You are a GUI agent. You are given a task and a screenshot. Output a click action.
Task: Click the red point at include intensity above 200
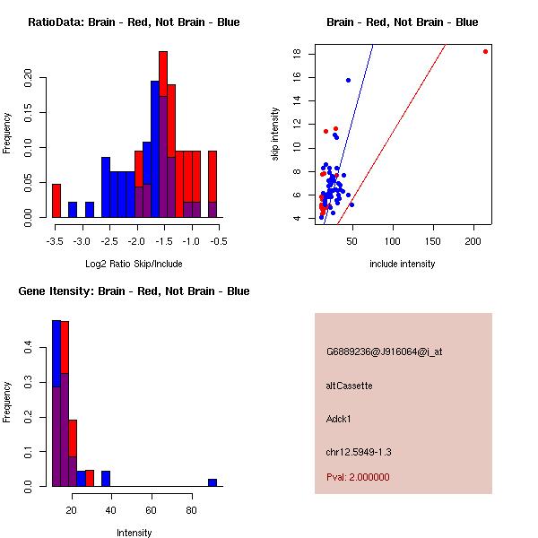coord(485,52)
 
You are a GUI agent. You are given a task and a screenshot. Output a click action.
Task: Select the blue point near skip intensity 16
coord(348,81)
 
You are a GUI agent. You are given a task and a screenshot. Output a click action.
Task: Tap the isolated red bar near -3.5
coord(56,201)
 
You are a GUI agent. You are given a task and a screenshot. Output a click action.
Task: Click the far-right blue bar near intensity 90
coord(213,482)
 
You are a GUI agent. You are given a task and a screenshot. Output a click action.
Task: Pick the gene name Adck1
coord(338,419)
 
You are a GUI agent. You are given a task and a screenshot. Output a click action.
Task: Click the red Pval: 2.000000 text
coord(358,477)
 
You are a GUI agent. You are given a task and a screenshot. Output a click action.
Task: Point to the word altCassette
coord(349,386)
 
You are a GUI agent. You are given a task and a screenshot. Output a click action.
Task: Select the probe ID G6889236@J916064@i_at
coord(385,352)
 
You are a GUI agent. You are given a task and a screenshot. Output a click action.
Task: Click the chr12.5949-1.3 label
coord(359,452)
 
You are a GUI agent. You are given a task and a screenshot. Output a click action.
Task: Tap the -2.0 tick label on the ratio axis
coord(136,241)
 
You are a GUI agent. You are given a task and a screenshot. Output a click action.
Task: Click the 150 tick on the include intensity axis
coord(433,241)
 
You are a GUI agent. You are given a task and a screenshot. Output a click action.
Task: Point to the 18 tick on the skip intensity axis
coord(297,53)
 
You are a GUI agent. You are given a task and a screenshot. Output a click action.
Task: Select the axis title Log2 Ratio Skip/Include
coord(134,264)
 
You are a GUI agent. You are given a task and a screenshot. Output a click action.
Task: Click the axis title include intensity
coord(402,264)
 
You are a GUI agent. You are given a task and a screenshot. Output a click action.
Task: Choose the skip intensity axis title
coord(275,134)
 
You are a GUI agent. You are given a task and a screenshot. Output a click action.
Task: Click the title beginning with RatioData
coord(134,22)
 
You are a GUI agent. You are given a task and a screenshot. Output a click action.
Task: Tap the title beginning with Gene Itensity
coord(134,291)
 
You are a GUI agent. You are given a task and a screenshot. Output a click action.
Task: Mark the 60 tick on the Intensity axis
coord(151,510)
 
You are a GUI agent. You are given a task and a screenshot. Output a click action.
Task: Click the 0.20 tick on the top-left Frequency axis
coord(28,78)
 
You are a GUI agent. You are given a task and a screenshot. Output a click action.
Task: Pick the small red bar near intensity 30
coord(90,478)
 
